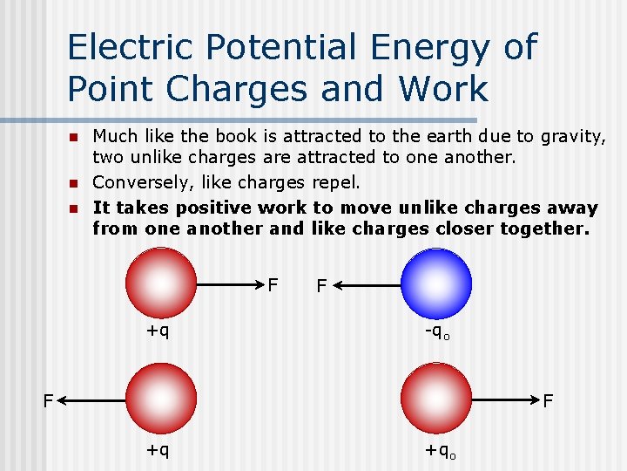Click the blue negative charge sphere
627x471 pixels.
[436, 283]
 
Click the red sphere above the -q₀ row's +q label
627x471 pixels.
[161, 283]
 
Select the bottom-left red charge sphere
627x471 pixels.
[161, 399]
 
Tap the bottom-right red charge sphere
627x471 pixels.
[436, 399]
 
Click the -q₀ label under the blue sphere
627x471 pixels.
[436, 332]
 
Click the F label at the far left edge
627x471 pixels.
[51, 400]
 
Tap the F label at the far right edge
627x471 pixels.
[549, 401]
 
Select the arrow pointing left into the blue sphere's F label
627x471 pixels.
[367, 284]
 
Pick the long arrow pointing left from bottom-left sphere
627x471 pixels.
[92, 400]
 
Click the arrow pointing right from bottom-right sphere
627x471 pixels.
[506, 400]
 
